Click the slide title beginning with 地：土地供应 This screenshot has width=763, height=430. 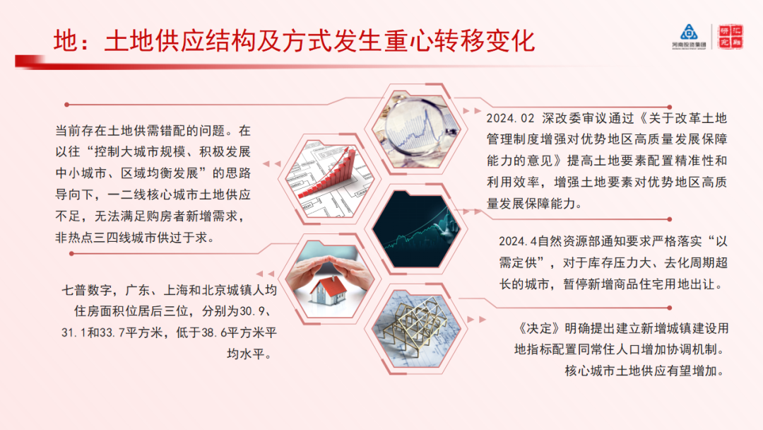pyautogui.click(x=293, y=40)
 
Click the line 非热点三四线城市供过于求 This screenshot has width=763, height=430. pyautogui.click(x=134, y=238)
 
